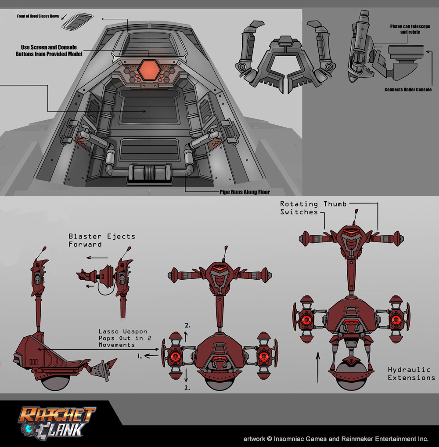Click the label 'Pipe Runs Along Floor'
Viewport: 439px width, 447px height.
click(x=245, y=192)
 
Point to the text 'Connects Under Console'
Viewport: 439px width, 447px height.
click(x=408, y=90)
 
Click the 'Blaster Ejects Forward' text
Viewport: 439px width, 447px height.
click(x=101, y=240)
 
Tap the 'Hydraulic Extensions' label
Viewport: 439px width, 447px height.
click(x=411, y=374)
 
